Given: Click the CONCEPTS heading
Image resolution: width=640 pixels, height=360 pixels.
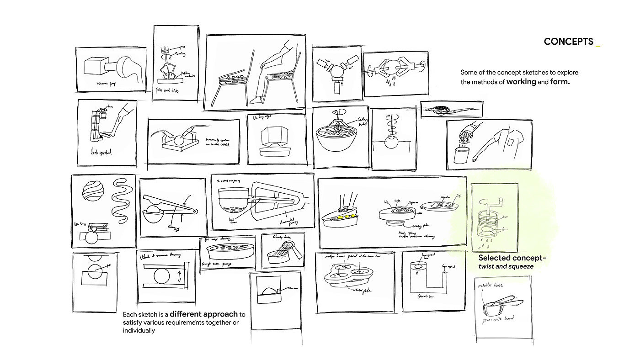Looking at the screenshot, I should click(x=568, y=42).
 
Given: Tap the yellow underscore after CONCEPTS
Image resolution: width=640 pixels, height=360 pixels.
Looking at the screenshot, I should click(x=598, y=45).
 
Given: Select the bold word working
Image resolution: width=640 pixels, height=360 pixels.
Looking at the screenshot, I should click(x=525, y=82).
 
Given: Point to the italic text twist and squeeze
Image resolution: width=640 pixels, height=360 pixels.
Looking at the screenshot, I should click(x=506, y=266).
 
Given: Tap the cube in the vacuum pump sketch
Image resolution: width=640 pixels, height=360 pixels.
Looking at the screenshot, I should click(x=95, y=67).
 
